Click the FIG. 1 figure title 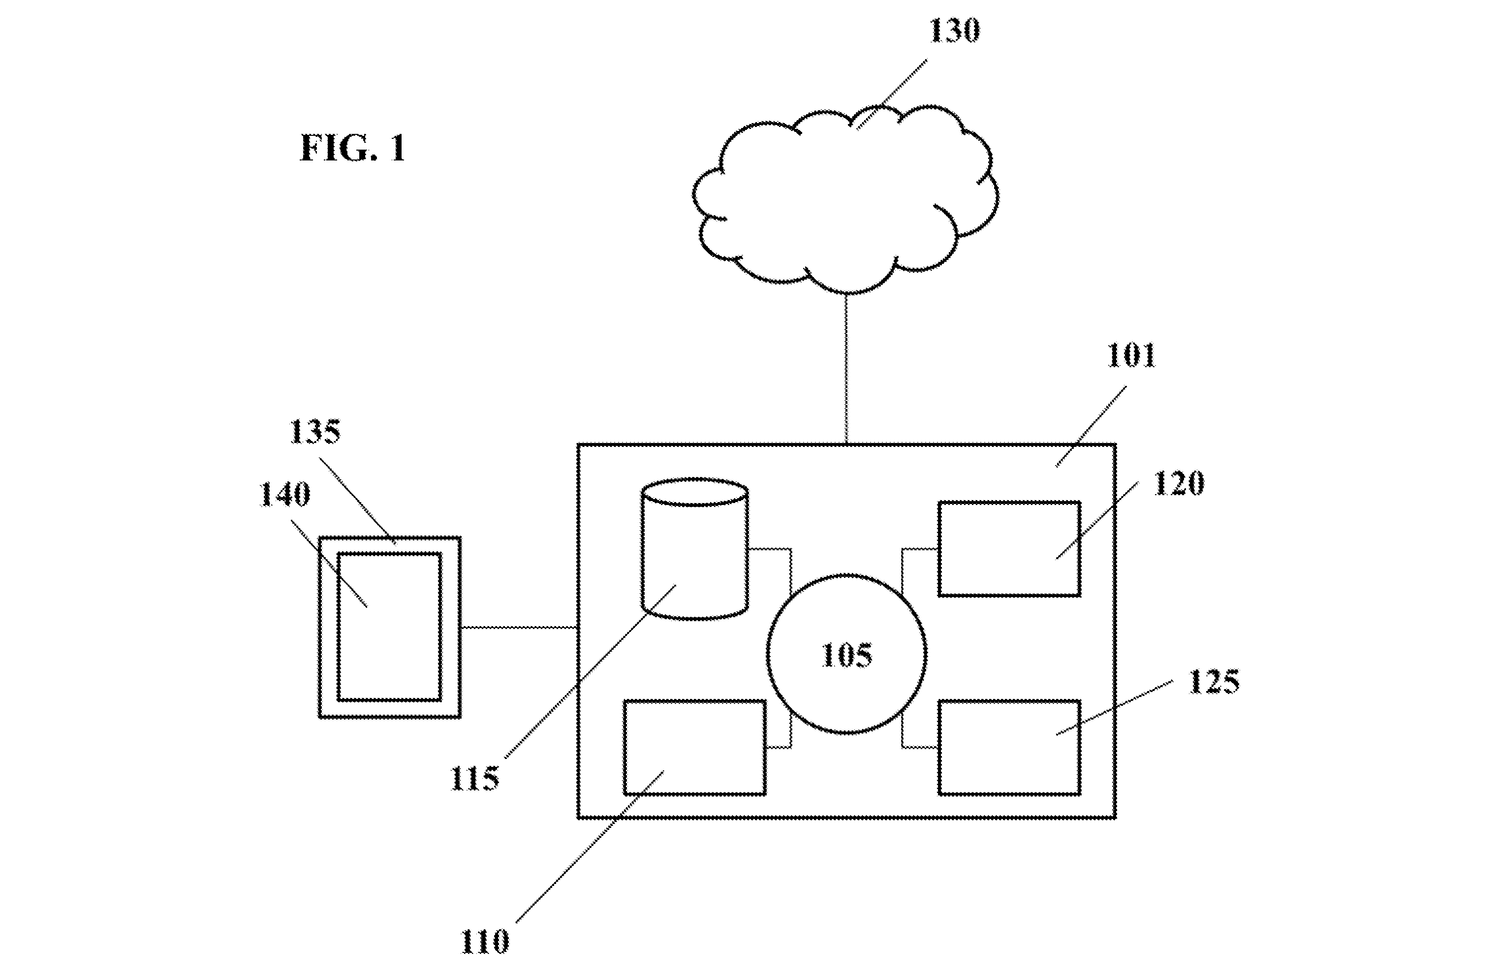[x=352, y=149]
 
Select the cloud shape [x=845, y=199]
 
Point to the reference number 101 [x=1131, y=355]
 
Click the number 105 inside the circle [x=846, y=655]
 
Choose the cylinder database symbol [x=695, y=549]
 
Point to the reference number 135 [x=314, y=432]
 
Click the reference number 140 [x=284, y=495]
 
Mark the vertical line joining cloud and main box [x=846, y=369]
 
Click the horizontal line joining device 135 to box [x=519, y=627]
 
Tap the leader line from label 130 [x=891, y=94]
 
